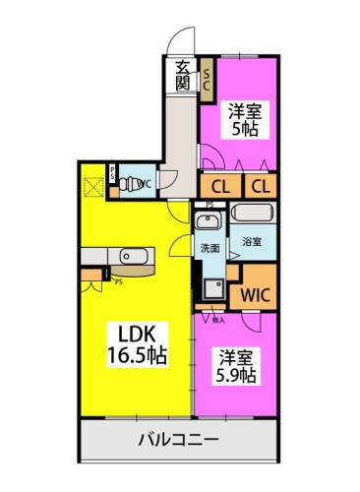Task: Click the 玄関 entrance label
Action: click(183, 76)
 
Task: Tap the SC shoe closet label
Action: click(208, 78)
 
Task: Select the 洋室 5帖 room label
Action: click(244, 119)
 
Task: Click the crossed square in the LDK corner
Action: click(93, 185)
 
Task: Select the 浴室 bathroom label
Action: click(253, 241)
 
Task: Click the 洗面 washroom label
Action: click(210, 248)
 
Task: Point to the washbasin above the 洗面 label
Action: click(208, 221)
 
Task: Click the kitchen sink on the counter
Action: click(131, 258)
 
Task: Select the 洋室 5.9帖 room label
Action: click(238, 366)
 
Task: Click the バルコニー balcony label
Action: click(177, 439)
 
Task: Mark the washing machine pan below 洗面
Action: click(211, 287)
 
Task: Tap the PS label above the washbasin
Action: click(209, 205)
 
